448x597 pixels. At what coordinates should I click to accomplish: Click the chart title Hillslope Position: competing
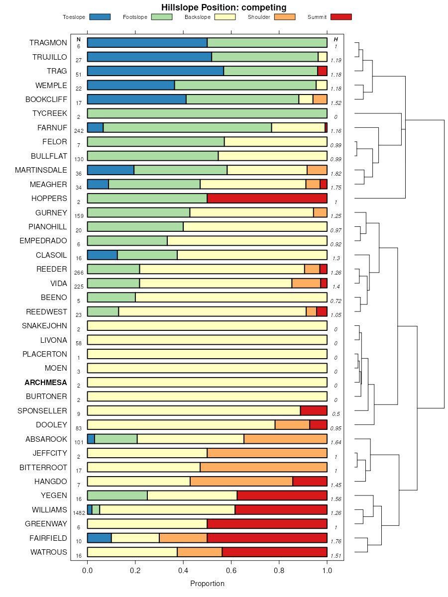point(224,7)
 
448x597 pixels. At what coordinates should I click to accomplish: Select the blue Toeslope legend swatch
point(100,17)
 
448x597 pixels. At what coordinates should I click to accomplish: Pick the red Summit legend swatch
point(341,17)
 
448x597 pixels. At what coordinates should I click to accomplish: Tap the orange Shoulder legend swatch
point(285,17)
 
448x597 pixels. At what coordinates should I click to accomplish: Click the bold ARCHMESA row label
point(46,383)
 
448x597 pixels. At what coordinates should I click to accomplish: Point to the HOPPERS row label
point(49,199)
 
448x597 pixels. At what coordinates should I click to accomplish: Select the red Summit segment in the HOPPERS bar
point(267,199)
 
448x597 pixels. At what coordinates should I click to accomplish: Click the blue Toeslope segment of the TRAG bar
point(155,71)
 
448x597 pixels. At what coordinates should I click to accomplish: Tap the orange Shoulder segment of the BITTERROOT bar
point(263,468)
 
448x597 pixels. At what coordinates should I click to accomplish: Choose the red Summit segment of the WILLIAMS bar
point(281,510)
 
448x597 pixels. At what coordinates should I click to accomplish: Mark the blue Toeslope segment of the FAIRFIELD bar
point(99,538)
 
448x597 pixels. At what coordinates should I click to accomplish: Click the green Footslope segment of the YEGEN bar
point(117,496)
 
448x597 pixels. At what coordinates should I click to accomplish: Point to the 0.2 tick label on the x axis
point(135,570)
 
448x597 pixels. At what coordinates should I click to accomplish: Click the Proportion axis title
point(207,584)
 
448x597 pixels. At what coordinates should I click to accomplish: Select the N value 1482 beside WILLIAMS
point(79,513)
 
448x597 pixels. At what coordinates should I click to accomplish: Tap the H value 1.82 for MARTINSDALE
point(336,174)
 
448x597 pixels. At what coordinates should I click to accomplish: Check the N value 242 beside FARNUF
point(79,131)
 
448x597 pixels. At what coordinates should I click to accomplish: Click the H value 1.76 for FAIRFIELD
point(336,541)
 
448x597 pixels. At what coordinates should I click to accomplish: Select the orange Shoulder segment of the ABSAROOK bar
point(285,439)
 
